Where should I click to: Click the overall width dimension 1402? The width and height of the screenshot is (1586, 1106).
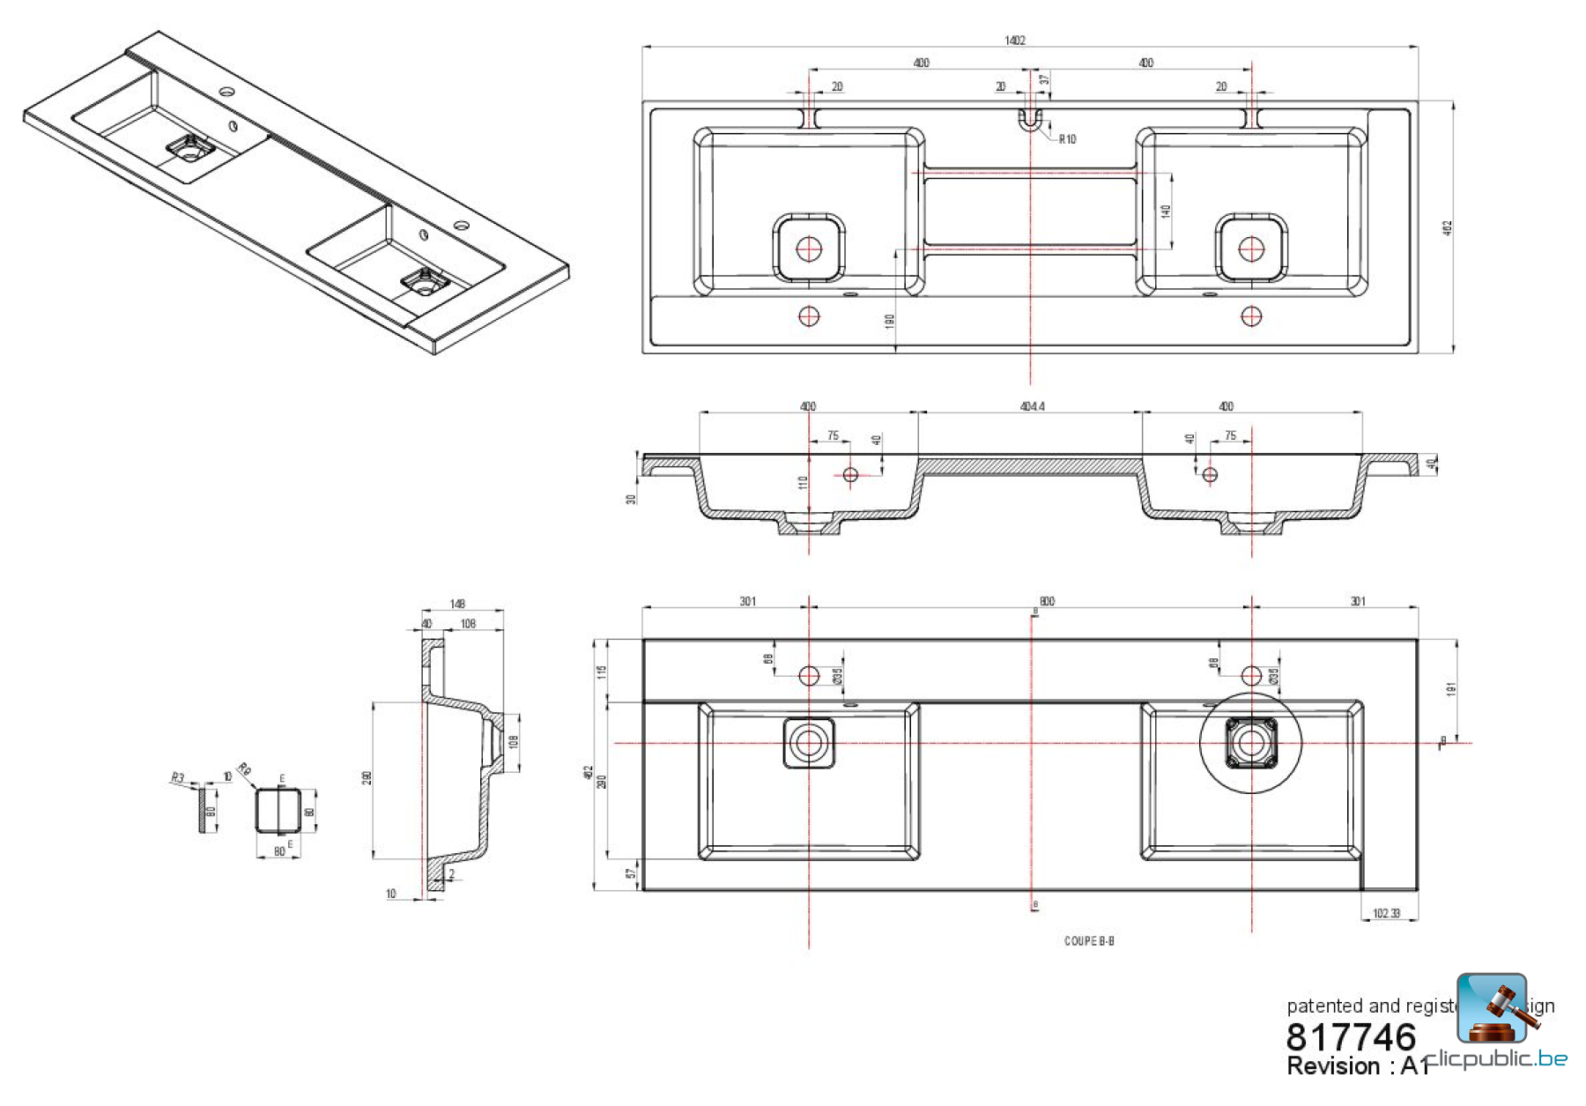coord(1014,41)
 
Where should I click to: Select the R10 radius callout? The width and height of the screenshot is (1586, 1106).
coord(1066,139)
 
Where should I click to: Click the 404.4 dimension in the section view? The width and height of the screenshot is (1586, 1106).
coord(1032,406)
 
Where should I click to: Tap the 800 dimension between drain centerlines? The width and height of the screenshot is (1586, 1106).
coord(1046,601)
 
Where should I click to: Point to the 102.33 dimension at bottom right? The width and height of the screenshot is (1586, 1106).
coord(1386,913)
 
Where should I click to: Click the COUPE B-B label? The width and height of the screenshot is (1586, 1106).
coord(1089,941)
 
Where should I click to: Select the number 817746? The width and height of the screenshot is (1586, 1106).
coord(1351,1037)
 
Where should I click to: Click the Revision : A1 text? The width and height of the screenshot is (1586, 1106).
coord(1357,1066)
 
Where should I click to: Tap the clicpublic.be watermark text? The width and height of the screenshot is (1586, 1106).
coord(1498,1058)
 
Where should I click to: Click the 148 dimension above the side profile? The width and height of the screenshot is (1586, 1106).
coord(457,604)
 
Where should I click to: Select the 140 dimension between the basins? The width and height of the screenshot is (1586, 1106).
coord(1166,212)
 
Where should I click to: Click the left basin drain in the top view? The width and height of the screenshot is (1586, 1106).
coord(809,249)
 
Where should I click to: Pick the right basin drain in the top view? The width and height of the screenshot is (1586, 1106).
coord(1251,249)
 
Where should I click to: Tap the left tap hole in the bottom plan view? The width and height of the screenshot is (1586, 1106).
coord(809,676)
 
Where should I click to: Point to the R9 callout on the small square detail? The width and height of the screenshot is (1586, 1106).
coord(244,769)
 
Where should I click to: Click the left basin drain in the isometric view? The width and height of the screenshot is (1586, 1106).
coord(188,147)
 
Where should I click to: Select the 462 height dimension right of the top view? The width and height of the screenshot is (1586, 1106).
coord(1447,227)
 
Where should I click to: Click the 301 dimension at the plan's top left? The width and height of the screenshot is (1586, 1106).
coord(747,601)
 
